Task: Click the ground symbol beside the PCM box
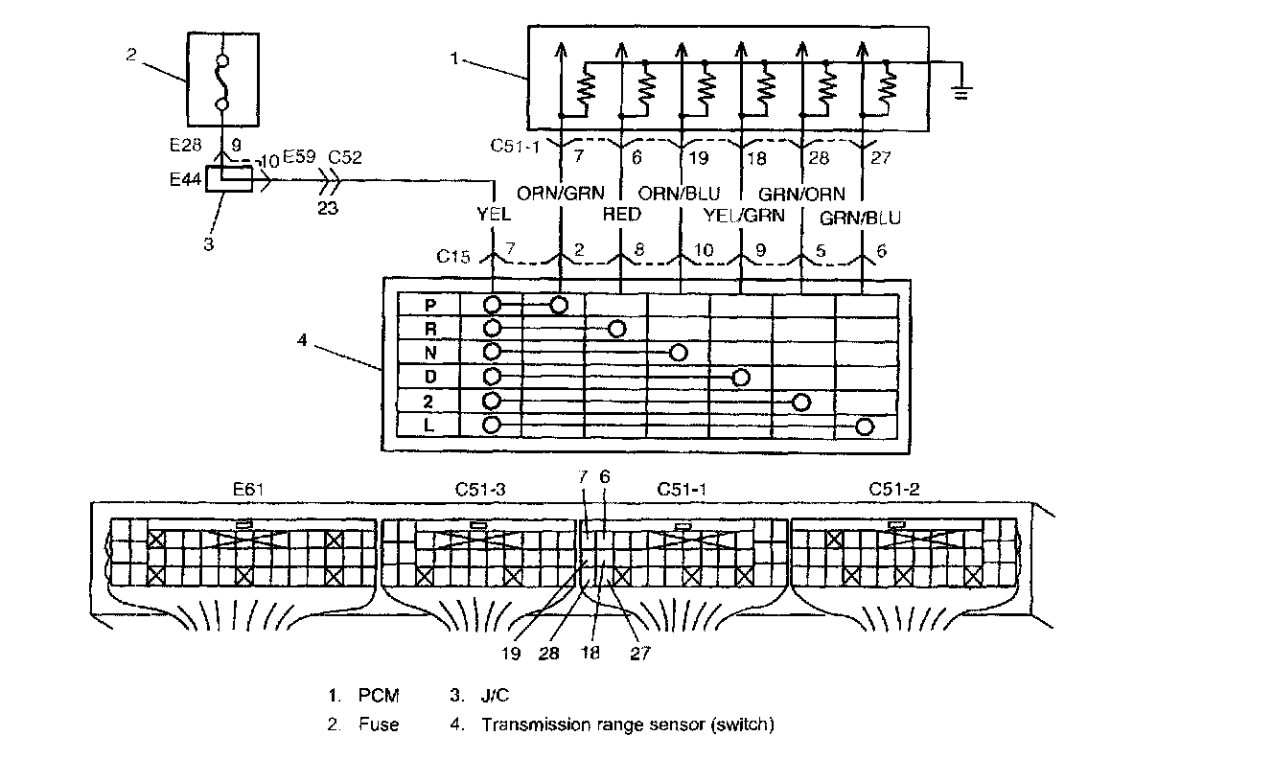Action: click(963, 94)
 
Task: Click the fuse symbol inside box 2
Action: click(222, 83)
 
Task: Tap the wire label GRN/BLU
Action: click(861, 218)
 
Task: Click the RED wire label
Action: click(622, 215)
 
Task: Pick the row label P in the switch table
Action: click(430, 305)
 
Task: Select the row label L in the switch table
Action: click(430, 425)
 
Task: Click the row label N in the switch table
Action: click(430, 354)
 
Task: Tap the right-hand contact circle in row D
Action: click(740, 378)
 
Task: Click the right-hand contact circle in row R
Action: click(617, 330)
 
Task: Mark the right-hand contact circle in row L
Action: click(865, 426)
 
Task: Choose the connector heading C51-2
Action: click(895, 489)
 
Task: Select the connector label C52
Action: click(345, 157)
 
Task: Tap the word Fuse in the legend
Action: click(379, 724)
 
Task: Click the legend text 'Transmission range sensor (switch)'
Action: click(627, 724)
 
